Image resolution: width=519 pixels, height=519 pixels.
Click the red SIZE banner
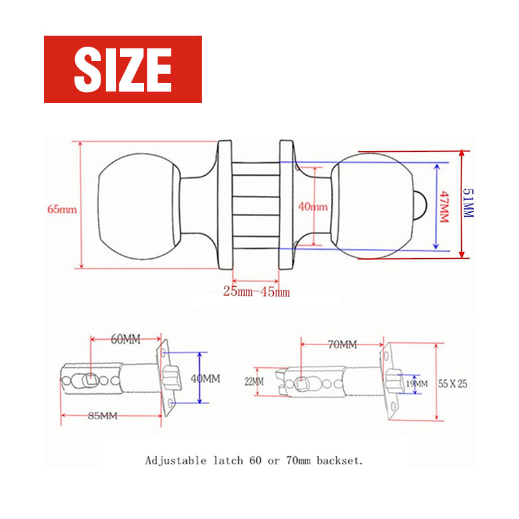coord(123,69)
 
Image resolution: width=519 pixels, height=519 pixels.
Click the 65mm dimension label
coord(62,210)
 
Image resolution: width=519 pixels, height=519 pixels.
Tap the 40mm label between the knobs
coord(312,207)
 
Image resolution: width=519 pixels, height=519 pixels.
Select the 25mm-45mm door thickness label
coord(256,292)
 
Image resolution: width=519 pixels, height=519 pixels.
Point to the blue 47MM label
coord(444,206)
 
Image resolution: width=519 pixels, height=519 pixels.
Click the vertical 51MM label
coord(468,203)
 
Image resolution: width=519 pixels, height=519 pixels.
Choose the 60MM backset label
coord(125,339)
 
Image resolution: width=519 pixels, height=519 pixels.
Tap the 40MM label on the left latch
coord(206,378)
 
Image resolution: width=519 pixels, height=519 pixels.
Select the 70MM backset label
coord(342,344)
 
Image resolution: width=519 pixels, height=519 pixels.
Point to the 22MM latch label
coord(254,382)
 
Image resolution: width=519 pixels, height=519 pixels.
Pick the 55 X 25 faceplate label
coord(453,383)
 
